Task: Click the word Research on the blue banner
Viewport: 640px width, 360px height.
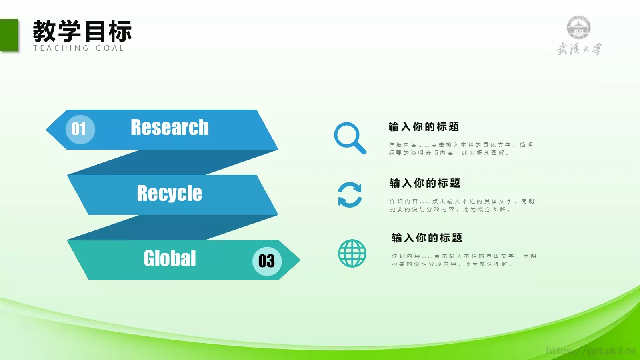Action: [x=170, y=128]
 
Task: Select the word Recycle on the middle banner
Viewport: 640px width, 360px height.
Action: [x=170, y=193]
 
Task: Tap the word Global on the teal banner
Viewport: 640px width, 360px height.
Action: [x=170, y=258]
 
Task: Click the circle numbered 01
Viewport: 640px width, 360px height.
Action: [x=80, y=129]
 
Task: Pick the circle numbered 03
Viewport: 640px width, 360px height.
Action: [x=267, y=261]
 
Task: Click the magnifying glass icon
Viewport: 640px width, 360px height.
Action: [x=349, y=138]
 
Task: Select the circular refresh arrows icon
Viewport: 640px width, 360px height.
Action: [x=350, y=195]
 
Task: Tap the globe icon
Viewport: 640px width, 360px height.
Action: [x=352, y=253]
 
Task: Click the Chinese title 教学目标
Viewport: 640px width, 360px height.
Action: [x=82, y=31]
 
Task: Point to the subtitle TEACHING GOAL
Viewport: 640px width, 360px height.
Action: [x=79, y=48]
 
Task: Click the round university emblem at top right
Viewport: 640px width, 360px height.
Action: [x=578, y=28]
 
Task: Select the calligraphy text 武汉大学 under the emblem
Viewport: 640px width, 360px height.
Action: [x=578, y=49]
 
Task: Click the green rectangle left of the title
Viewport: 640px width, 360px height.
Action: [x=9, y=35]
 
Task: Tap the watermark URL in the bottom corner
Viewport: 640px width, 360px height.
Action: [x=591, y=351]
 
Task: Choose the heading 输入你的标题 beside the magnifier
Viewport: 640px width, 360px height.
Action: [x=424, y=127]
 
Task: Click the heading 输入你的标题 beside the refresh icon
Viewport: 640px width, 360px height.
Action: [x=425, y=183]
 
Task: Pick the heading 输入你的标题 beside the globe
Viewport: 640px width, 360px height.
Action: [x=427, y=238]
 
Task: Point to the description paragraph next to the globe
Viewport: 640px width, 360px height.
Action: [x=464, y=260]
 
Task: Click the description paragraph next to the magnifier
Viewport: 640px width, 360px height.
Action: [x=461, y=149]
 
